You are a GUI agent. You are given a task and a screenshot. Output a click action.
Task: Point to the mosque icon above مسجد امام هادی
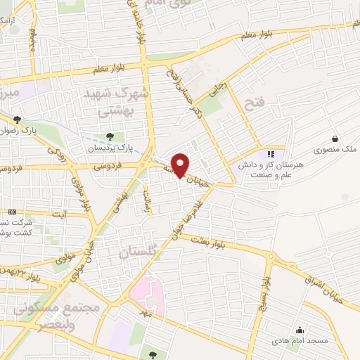tap(300, 330)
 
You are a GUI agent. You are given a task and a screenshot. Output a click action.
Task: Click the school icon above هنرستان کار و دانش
tap(271, 153)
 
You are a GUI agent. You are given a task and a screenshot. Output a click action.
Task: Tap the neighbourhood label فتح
tap(252, 105)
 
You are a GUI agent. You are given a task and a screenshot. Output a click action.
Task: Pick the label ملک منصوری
tap(335, 150)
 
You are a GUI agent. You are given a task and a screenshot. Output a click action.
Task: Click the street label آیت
tap(62, 212)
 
